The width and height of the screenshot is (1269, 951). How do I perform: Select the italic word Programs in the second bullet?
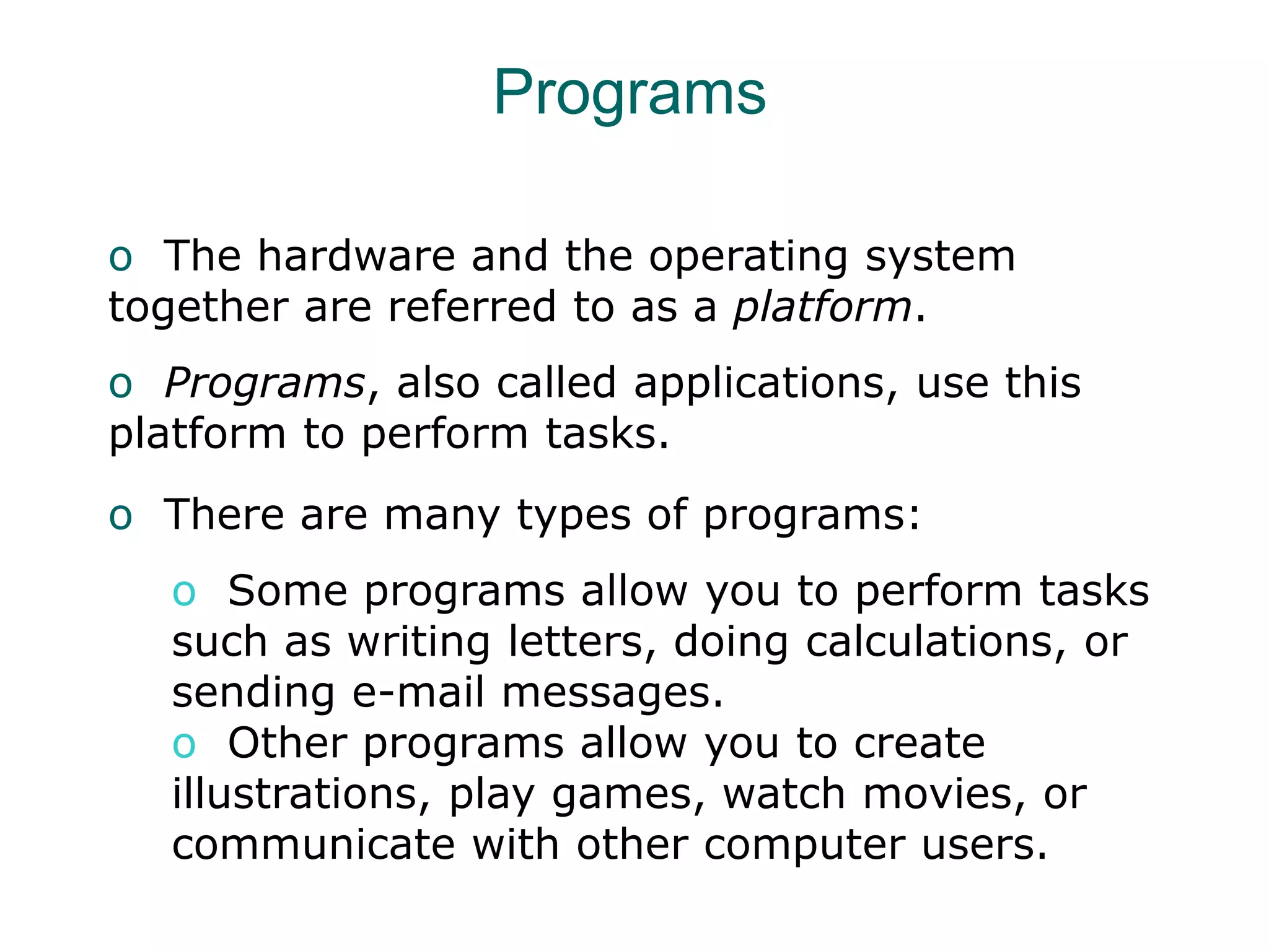click(265, 383)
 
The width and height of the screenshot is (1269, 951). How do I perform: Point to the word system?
click(940, 257)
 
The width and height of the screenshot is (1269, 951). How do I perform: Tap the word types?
click(574, 515)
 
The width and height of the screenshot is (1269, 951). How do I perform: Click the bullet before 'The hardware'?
click(120, 258)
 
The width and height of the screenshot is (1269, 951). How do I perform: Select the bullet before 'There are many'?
click(120, 516)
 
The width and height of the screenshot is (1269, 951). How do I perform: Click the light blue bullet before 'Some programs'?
click(184, 593)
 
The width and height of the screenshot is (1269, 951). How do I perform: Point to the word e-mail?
click(418, 692)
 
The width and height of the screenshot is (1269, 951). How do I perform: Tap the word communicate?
click(314, 845)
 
